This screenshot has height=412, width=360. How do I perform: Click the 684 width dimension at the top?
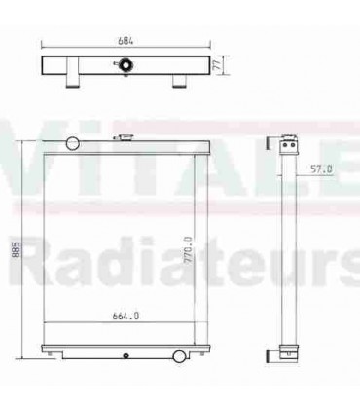tap(125, 41)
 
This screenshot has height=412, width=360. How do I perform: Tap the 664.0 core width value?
tap(126, 315)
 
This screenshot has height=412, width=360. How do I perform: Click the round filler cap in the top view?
tap(126, 66)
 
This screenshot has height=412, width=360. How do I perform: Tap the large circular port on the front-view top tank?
tap(70, 143)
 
